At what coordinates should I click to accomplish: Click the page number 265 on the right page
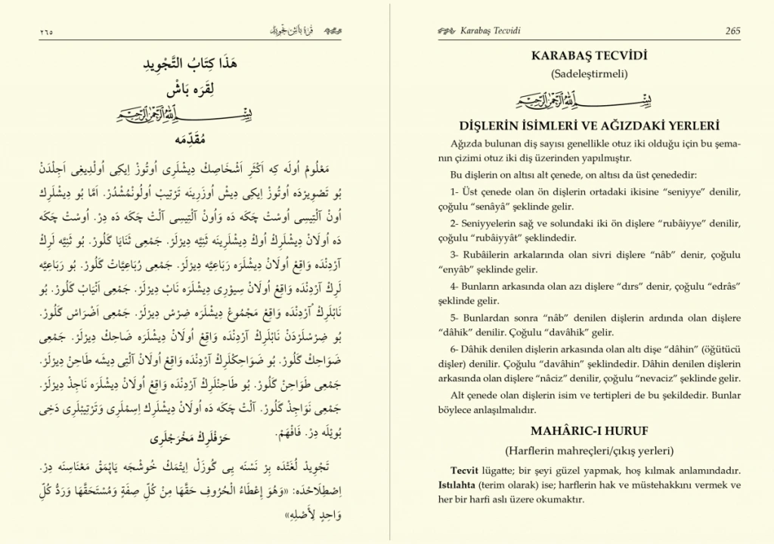[x=732, y=31]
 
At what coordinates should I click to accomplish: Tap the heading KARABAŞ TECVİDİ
[x=590, y=57]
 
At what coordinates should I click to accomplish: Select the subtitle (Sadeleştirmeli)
[x=590, y=73]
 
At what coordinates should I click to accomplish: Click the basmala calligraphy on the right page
[x=589, y=99]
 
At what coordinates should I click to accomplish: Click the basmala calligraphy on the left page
[x=200, y=115]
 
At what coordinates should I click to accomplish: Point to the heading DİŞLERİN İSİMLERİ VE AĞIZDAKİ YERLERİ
[x=590, y=126]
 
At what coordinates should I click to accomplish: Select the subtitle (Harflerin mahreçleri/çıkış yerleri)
[x=590, y=451]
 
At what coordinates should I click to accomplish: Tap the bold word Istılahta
[x=460, y=484]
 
